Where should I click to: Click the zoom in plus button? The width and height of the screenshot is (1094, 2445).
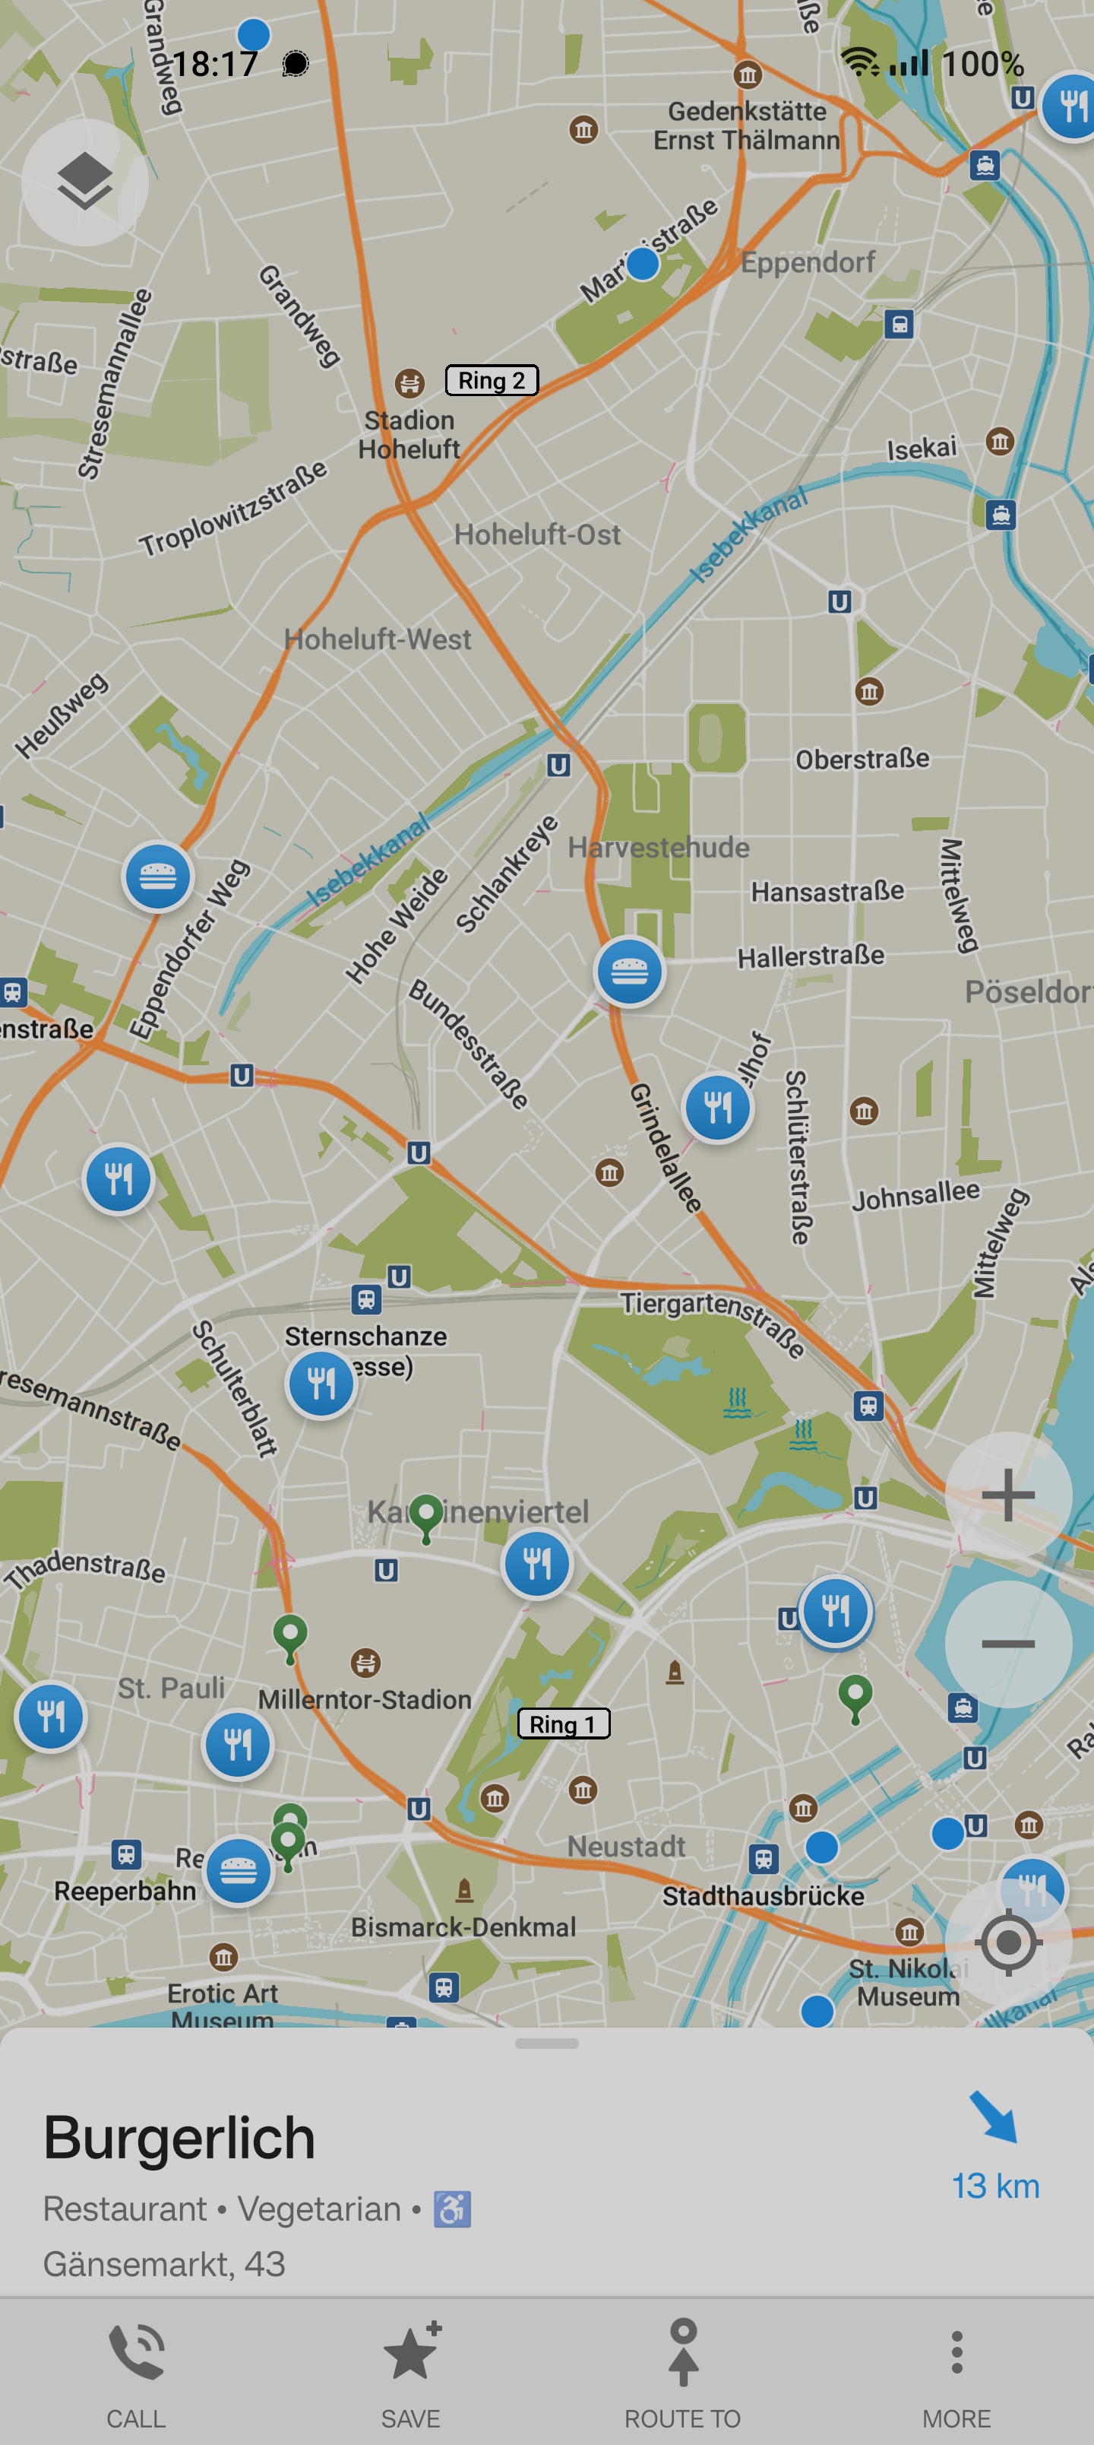(x=1007, y=1495)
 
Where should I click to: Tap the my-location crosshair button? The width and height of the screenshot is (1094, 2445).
(x=1007, y=1941)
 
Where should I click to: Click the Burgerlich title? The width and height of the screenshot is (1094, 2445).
(x=179, y=2138)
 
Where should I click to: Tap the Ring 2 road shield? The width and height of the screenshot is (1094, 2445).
(x=492, y=381)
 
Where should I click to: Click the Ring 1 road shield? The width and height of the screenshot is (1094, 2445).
(x=563, y=1724)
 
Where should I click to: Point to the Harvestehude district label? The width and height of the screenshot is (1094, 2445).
(x=659, y=847)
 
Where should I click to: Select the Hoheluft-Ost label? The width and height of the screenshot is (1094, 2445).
(x=537, y=534)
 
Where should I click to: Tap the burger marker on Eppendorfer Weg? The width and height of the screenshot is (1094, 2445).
(x=157, y=876)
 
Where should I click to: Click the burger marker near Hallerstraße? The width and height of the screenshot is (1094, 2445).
(x=629, y=971)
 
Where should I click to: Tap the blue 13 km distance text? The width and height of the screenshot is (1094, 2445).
(x=995, y=2186)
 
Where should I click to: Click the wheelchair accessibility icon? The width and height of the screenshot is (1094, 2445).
(x=453, y=2209)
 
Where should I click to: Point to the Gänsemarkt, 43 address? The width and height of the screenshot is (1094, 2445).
(x=164, y=2264)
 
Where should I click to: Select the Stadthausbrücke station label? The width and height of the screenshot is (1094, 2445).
(x=763, y=1895)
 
